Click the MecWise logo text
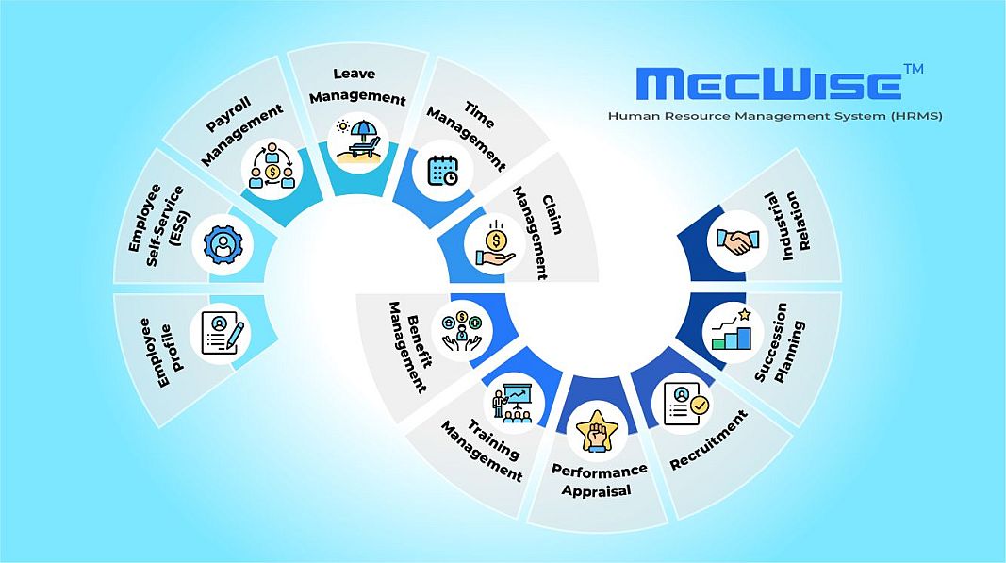pos(769,83)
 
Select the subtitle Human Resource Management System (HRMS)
pos(775,115)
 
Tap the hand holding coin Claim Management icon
pos(495,243)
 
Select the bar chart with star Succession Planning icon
pos(732,327)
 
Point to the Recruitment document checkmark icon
pos(685,403)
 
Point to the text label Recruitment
pos(708,440)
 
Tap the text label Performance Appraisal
pos(599,480)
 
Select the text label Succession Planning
pos(780,350)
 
